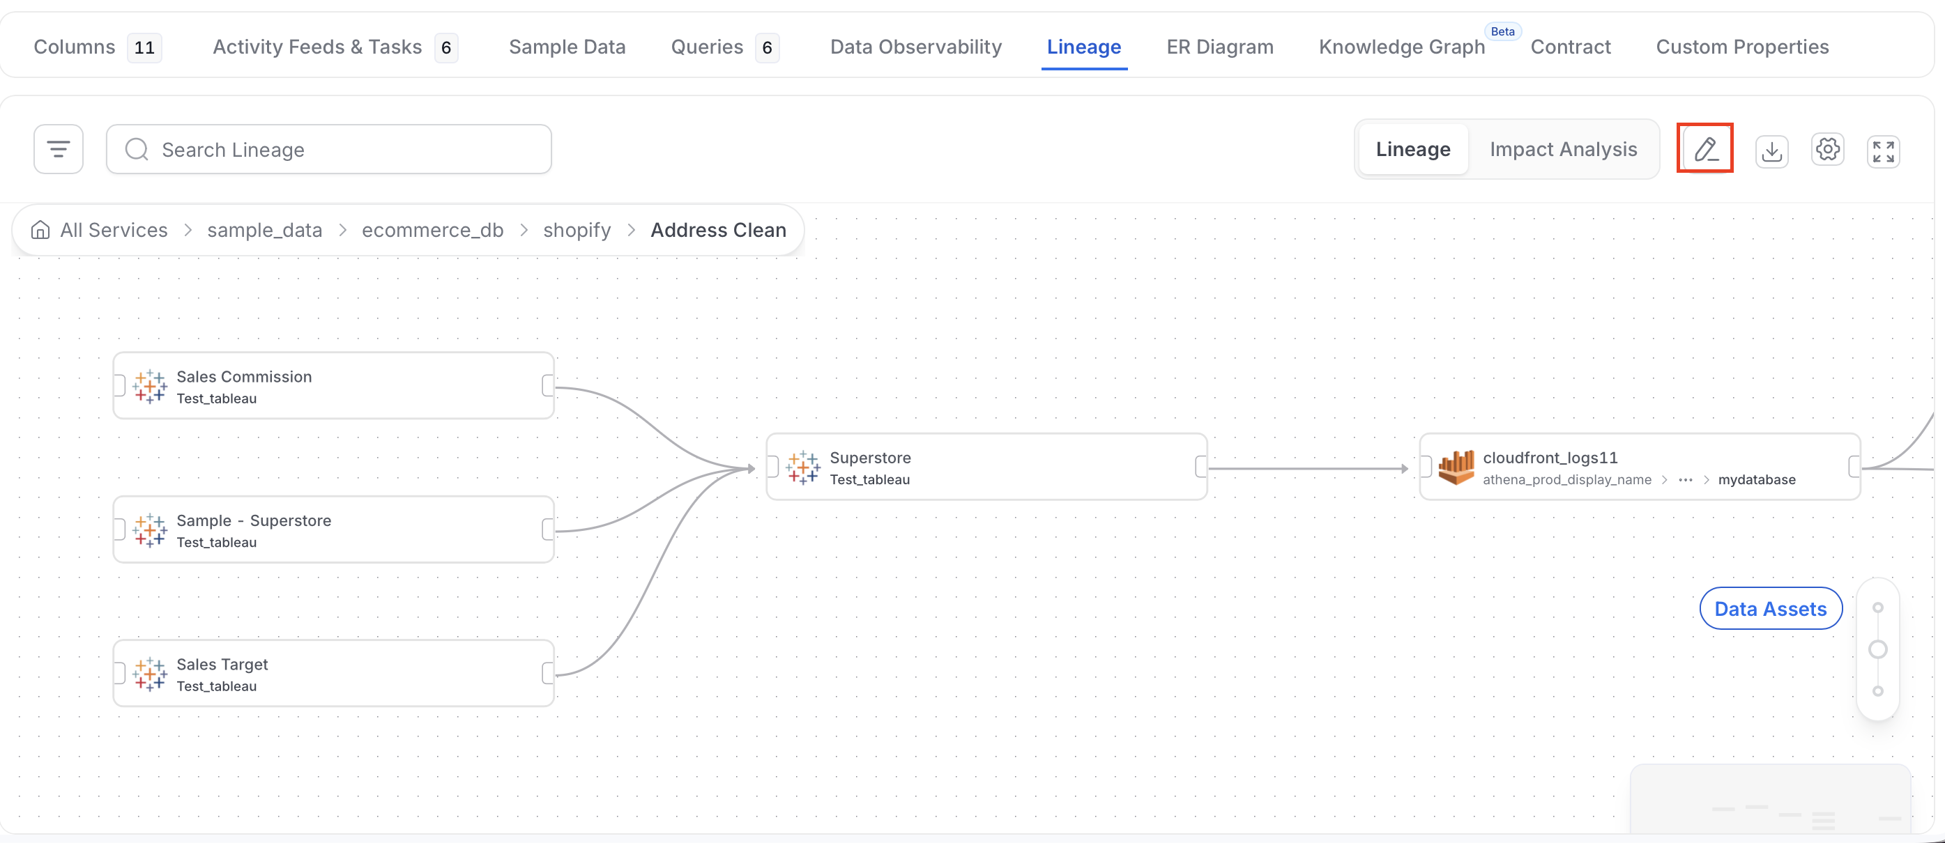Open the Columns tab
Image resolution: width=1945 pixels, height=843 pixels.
tap(74, 47)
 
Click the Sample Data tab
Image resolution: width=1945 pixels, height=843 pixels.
tap(567, 47)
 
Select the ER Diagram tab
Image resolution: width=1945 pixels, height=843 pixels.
tap(1219, 47)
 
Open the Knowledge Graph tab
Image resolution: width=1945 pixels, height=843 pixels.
tap(1401, 47)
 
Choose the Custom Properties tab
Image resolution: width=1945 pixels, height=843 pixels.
tap(1742, 47)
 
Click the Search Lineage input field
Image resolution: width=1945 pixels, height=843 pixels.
tap(328, 149)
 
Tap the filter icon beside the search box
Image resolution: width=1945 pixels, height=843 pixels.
tap(58, 148)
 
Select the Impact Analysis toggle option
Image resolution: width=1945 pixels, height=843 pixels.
tap(1563, 149)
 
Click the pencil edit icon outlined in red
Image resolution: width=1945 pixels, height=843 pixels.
tap(1705, 148)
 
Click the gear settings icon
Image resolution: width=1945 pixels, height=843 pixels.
tap(1827, 148)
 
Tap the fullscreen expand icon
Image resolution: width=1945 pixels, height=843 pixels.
tap(1883, 151)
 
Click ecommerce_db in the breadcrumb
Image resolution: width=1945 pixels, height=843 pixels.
tap(433, 230)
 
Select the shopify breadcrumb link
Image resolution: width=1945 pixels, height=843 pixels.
tap(577, 230)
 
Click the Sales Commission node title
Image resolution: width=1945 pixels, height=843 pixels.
tap(244, 377)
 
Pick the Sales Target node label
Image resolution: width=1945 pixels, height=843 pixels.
tap(222, 664)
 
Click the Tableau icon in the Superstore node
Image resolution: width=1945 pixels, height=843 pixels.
tap(802, 467)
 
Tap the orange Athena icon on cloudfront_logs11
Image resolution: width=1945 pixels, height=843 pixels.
tap(1456, 467)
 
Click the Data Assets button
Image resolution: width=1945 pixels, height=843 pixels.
tap(1771, 608)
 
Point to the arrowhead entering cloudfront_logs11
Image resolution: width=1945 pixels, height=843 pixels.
tap(1405, 469)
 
